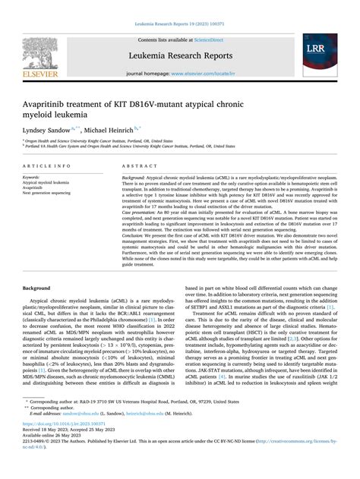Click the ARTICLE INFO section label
pos(48,165)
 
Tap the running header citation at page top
pos(179,25)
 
